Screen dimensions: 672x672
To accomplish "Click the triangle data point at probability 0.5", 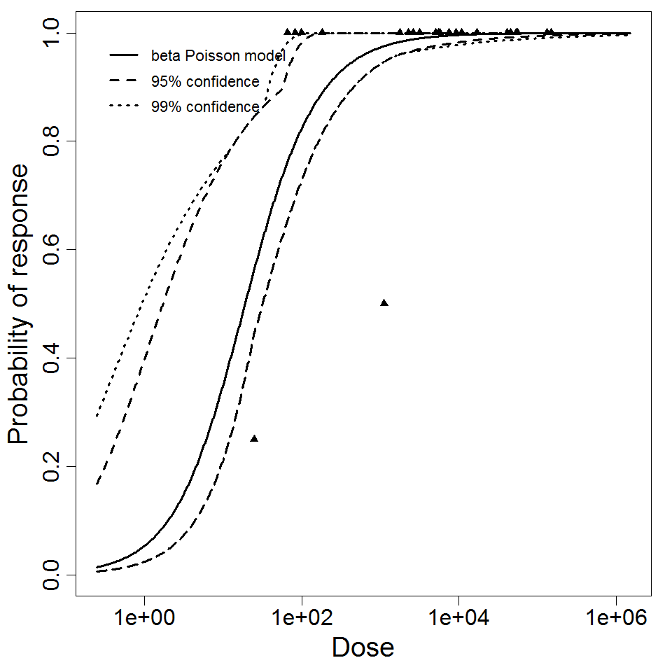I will (x=384, y=302).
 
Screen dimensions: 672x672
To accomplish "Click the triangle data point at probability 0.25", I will (x=254, y=438).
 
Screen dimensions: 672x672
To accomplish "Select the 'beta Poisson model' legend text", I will (x=218, y=55).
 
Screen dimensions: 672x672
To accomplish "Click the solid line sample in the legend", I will (x=124, y=55).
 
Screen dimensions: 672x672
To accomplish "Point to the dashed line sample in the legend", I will (x=124, y=81).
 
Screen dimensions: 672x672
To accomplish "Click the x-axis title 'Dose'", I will (x=363, y=647).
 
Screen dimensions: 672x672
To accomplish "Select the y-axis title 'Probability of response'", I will (x=19, y=304).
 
